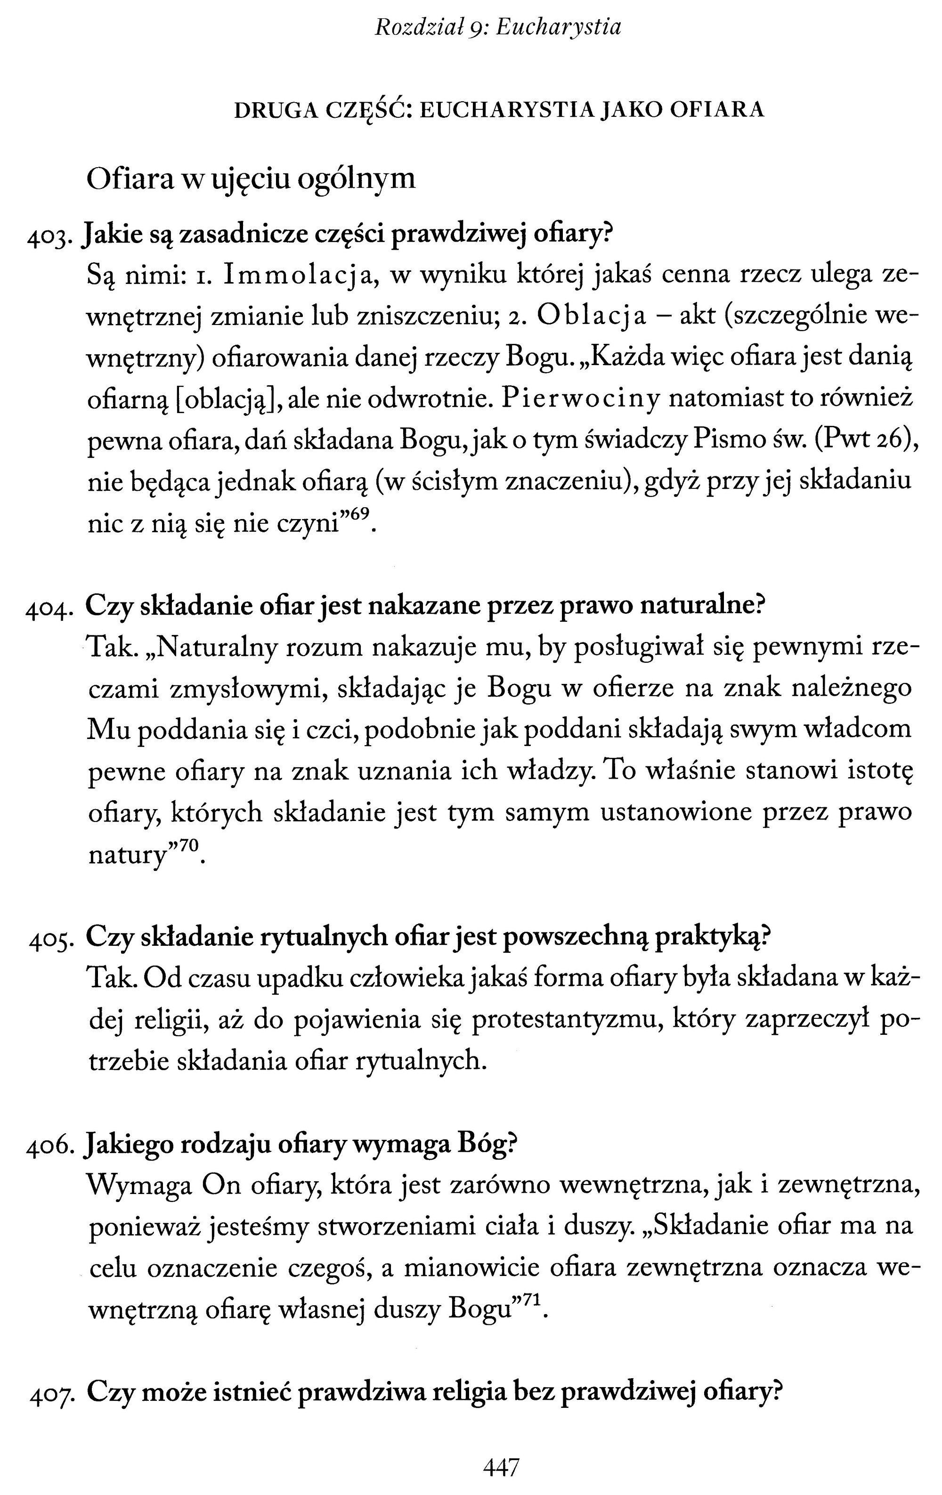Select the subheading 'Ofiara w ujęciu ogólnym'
pos(251,179)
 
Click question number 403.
pos(52,238)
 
